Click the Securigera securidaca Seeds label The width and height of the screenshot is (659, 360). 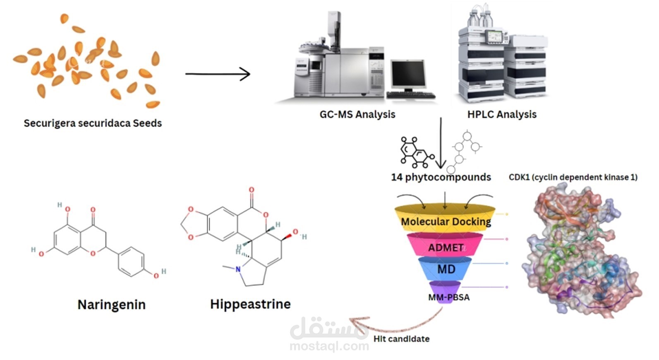[x=93, y=123]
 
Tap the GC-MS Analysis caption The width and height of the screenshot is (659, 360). [x=357, y=115]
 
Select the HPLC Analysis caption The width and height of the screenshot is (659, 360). [x=502, y=115]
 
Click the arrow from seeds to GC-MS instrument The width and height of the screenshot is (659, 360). [x=218, y=74]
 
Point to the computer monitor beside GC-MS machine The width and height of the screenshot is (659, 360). [x=408, y=75]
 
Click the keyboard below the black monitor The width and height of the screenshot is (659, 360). [x=411, y=95]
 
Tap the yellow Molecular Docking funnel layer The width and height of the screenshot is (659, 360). [x=445, y=218]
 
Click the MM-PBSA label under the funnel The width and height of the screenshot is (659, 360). [x=449, y=298]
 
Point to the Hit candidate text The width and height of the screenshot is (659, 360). [x=401, y=339]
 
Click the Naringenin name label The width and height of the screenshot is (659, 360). [x=112, y=305]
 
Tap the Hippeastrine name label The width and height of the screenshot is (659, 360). [x=250, y=304]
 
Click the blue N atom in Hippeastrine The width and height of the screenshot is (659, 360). [x=238, y=269]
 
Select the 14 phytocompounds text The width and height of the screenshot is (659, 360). [x=441, y=177]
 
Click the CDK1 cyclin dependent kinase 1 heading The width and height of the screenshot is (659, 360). [x=573, y=177]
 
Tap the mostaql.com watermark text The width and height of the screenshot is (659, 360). [x=329, y=346]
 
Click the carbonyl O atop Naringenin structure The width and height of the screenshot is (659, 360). [x=93, y=209]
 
